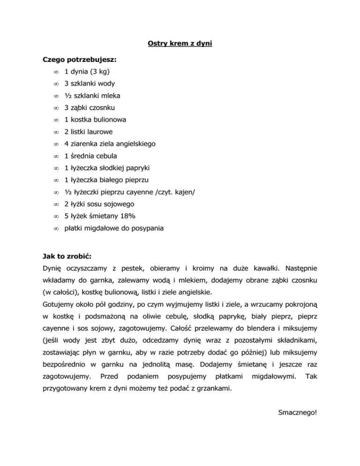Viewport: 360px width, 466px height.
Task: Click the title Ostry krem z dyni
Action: (180, 44)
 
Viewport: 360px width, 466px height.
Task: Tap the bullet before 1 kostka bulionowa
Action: (55, 120)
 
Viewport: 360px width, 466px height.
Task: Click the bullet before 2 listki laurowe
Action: (55, 132)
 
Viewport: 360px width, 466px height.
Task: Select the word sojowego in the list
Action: (120, 204)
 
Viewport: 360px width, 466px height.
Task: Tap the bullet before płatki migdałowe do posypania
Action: (55, 228)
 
